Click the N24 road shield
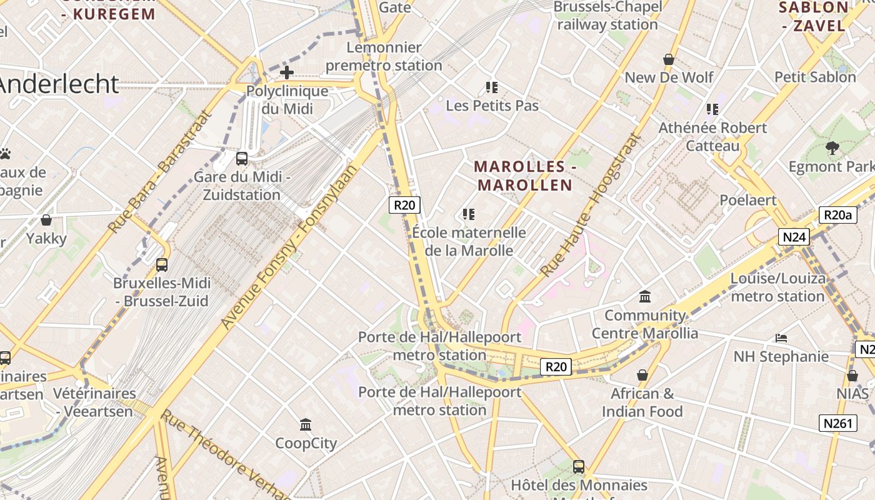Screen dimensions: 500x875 point(794,237)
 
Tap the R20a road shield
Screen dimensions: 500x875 point(837,216)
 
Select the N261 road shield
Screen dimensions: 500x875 point(837,423)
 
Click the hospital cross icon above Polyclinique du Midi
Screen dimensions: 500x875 point(287,72)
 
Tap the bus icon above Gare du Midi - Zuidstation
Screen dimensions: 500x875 point(242,159)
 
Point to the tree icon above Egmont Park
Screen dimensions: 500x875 point(832,148)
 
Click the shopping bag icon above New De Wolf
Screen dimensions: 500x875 point(669,59)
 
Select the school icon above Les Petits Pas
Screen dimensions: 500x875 point(492,87)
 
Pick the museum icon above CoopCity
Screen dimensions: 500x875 point(306,425)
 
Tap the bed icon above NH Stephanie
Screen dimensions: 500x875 point(781,338)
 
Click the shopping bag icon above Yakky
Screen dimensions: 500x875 point(46,220)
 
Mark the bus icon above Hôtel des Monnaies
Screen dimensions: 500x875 point(579,466)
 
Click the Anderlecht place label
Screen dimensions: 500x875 point(59,84)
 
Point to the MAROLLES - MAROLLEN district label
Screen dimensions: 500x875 point(524,176)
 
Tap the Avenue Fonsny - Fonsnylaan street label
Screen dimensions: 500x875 point(291,246)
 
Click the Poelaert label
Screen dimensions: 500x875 point(747,200)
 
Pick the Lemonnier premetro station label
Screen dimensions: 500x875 point(384,56)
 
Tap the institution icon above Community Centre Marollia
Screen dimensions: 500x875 point(645,296)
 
